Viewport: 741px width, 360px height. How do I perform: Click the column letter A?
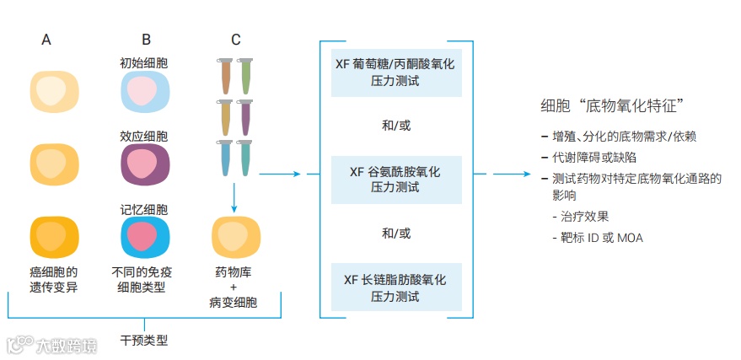click(46, 40)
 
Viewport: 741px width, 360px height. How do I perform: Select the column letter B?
click(146, 40)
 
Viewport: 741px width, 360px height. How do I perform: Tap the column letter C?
click(235, 40)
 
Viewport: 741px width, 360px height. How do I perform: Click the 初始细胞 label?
click(144, 62)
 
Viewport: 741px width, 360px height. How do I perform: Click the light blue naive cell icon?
click(145, 91)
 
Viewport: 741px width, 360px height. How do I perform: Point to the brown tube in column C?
click(225, 76)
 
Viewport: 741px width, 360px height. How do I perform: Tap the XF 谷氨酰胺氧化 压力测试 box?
click(395, 180)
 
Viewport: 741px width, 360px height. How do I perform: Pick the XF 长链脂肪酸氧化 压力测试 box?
click(395, 287)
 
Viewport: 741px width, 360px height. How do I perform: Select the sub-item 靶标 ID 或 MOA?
click(599, 238)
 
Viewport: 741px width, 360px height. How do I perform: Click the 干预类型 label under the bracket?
click(144, 341)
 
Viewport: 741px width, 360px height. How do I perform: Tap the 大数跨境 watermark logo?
click(51, 346)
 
